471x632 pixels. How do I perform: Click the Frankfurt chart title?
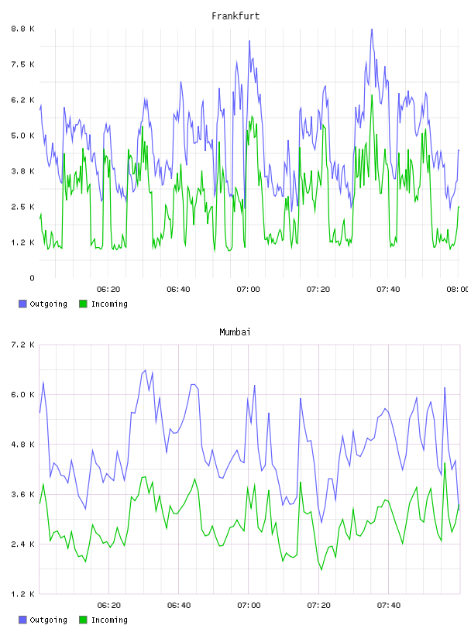point(235,16)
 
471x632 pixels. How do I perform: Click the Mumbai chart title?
point(235,332)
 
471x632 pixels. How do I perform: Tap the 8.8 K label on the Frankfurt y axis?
point(22,29)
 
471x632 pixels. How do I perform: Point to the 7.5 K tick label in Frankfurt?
point(22,64)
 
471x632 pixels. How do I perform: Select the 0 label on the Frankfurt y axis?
point(32,278)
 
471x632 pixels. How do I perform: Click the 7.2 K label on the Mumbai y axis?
point(22,345)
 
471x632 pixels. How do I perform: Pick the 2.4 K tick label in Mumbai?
point(22,544)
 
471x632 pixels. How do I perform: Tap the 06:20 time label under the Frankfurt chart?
point(108,289)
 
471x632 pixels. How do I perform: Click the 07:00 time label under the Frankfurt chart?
point(249,289)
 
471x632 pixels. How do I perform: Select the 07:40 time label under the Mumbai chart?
point(389,605)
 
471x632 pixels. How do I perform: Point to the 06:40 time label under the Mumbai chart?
point(179,605)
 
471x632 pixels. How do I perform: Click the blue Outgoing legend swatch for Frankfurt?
point(22,304)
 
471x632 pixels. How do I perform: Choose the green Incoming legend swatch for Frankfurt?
point(83,304)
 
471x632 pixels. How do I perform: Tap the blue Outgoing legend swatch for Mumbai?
point(22,620)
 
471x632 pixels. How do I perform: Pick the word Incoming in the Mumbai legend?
point(109,620)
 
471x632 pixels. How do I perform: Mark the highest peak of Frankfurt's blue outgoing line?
point(372,29)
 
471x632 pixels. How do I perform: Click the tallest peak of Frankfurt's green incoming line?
point(372,95)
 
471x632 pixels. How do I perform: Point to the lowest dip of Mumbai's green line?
point(321,569)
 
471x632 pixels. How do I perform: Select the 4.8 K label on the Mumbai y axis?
point(22,444)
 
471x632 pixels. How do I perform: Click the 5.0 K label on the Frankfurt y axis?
point(22,136)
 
